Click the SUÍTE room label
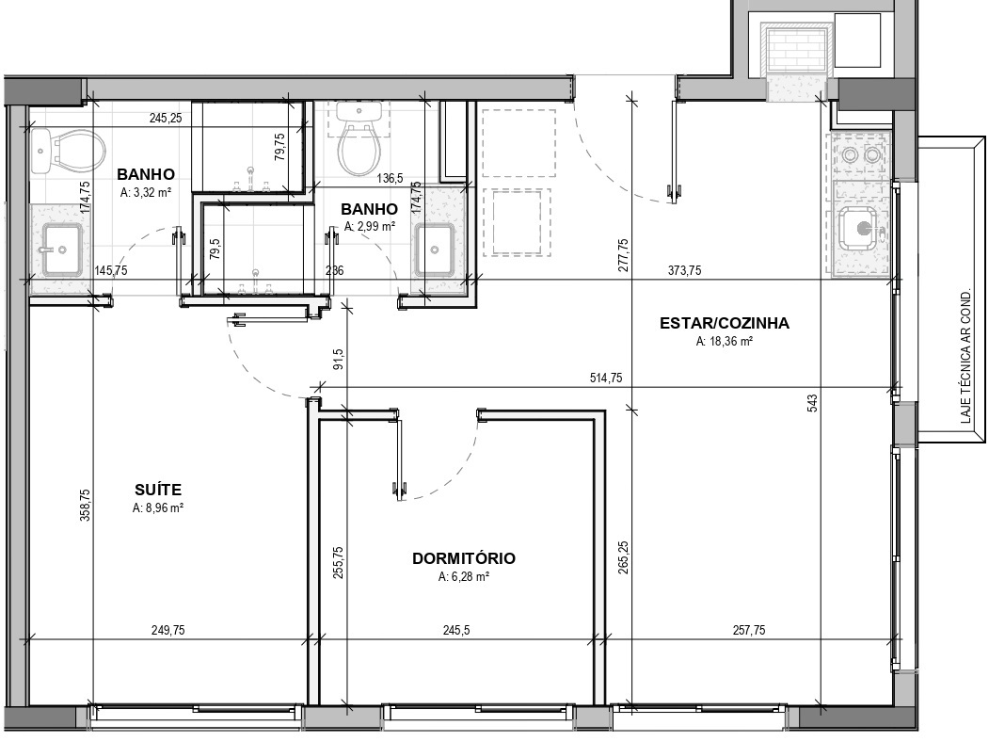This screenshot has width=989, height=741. (158, 490)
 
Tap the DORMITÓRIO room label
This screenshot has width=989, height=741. (464, 558)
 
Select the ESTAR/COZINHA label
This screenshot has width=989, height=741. (724, 323)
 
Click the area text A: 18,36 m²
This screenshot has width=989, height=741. (724, 342)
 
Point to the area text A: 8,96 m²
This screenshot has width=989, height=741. (158, 508)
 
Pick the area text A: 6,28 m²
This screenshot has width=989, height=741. (464, 577)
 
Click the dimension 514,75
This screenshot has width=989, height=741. (606, 379)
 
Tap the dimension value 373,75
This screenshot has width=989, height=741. (684, 271)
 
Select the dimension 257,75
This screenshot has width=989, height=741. (749, 631)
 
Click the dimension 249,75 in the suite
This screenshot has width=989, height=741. (168, 631)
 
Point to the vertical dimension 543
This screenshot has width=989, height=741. (812, 403)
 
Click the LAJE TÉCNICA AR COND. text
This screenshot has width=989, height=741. (965, 357)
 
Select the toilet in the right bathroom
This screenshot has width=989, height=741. (359, 138)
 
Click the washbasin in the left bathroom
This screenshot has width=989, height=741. (61, 250)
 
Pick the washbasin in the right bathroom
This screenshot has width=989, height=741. (435, 250)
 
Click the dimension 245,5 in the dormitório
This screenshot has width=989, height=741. (456, 631)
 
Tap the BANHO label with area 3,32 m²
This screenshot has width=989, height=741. (146, 174)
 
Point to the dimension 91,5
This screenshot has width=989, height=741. (338, 359)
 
